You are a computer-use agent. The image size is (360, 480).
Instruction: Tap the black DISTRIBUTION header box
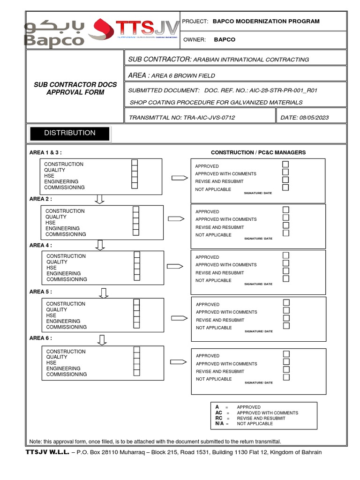[x=70, y=133]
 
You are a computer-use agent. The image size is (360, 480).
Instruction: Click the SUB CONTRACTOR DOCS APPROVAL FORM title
[x=75, y=89]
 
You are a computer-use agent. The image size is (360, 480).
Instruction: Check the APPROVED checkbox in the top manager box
[x=285, y=165]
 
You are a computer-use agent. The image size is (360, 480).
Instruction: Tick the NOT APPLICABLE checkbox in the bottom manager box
[x=286, y=377]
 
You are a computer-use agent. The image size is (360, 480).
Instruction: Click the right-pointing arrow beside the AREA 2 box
[x=176, y=219]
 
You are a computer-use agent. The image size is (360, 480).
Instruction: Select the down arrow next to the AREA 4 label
[x=100, y=245]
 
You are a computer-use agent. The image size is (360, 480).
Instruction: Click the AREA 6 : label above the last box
[x=41, y=338]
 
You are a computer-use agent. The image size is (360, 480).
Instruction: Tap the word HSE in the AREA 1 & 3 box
[x=49, y=176]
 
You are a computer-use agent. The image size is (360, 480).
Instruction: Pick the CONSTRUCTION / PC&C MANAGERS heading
[x=258, y=152]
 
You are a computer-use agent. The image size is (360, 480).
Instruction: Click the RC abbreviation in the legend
[x=219, y=418]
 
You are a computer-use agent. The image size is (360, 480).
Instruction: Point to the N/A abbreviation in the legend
[x=219, y=424]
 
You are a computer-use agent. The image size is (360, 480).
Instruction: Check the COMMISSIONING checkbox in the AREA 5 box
[x=136, y=325]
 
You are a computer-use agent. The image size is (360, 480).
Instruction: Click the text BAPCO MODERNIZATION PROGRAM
[x=266, y=21]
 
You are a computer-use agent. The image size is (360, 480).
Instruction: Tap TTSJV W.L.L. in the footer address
[x=47, y=452]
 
